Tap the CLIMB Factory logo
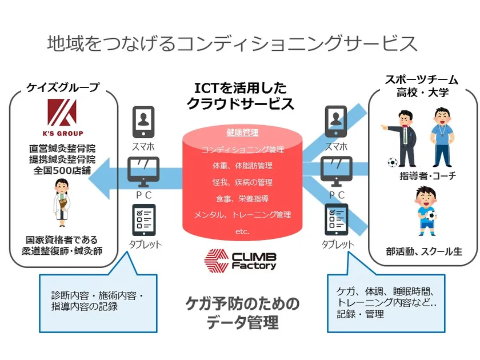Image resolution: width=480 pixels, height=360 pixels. (241, 261)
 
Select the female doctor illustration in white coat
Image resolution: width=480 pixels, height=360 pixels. (61, 202)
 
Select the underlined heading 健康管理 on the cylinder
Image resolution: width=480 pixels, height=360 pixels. (242, 133)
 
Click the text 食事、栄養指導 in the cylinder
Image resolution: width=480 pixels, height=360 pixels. (242, 198)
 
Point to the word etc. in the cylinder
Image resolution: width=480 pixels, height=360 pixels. (242, 232)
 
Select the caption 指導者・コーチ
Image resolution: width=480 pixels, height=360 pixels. (427, 176)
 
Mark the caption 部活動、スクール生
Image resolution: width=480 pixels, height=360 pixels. (423, 251)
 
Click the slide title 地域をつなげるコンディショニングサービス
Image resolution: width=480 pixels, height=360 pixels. (232, 43)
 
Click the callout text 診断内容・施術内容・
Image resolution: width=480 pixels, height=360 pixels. (97, 295)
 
